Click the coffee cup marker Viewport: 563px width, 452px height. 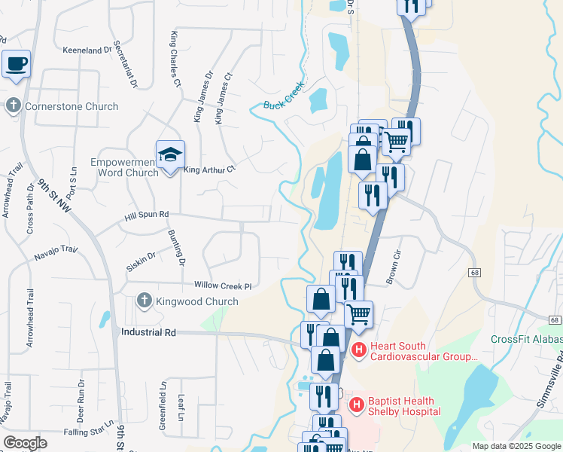coord(17,64)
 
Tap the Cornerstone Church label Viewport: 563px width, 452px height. coord(72,106)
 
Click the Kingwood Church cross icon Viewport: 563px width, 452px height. coord(144,301)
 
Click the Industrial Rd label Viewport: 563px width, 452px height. coord(148,331)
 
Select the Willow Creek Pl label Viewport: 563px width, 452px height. coord(222,286)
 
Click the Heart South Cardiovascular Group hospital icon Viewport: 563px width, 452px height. coord(358,350)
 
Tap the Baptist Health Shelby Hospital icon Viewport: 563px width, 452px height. coord(355,405)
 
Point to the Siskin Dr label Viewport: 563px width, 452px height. coord(141,261)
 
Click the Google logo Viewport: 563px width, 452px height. coord(25,443)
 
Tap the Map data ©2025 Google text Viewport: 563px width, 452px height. coord(516,446)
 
